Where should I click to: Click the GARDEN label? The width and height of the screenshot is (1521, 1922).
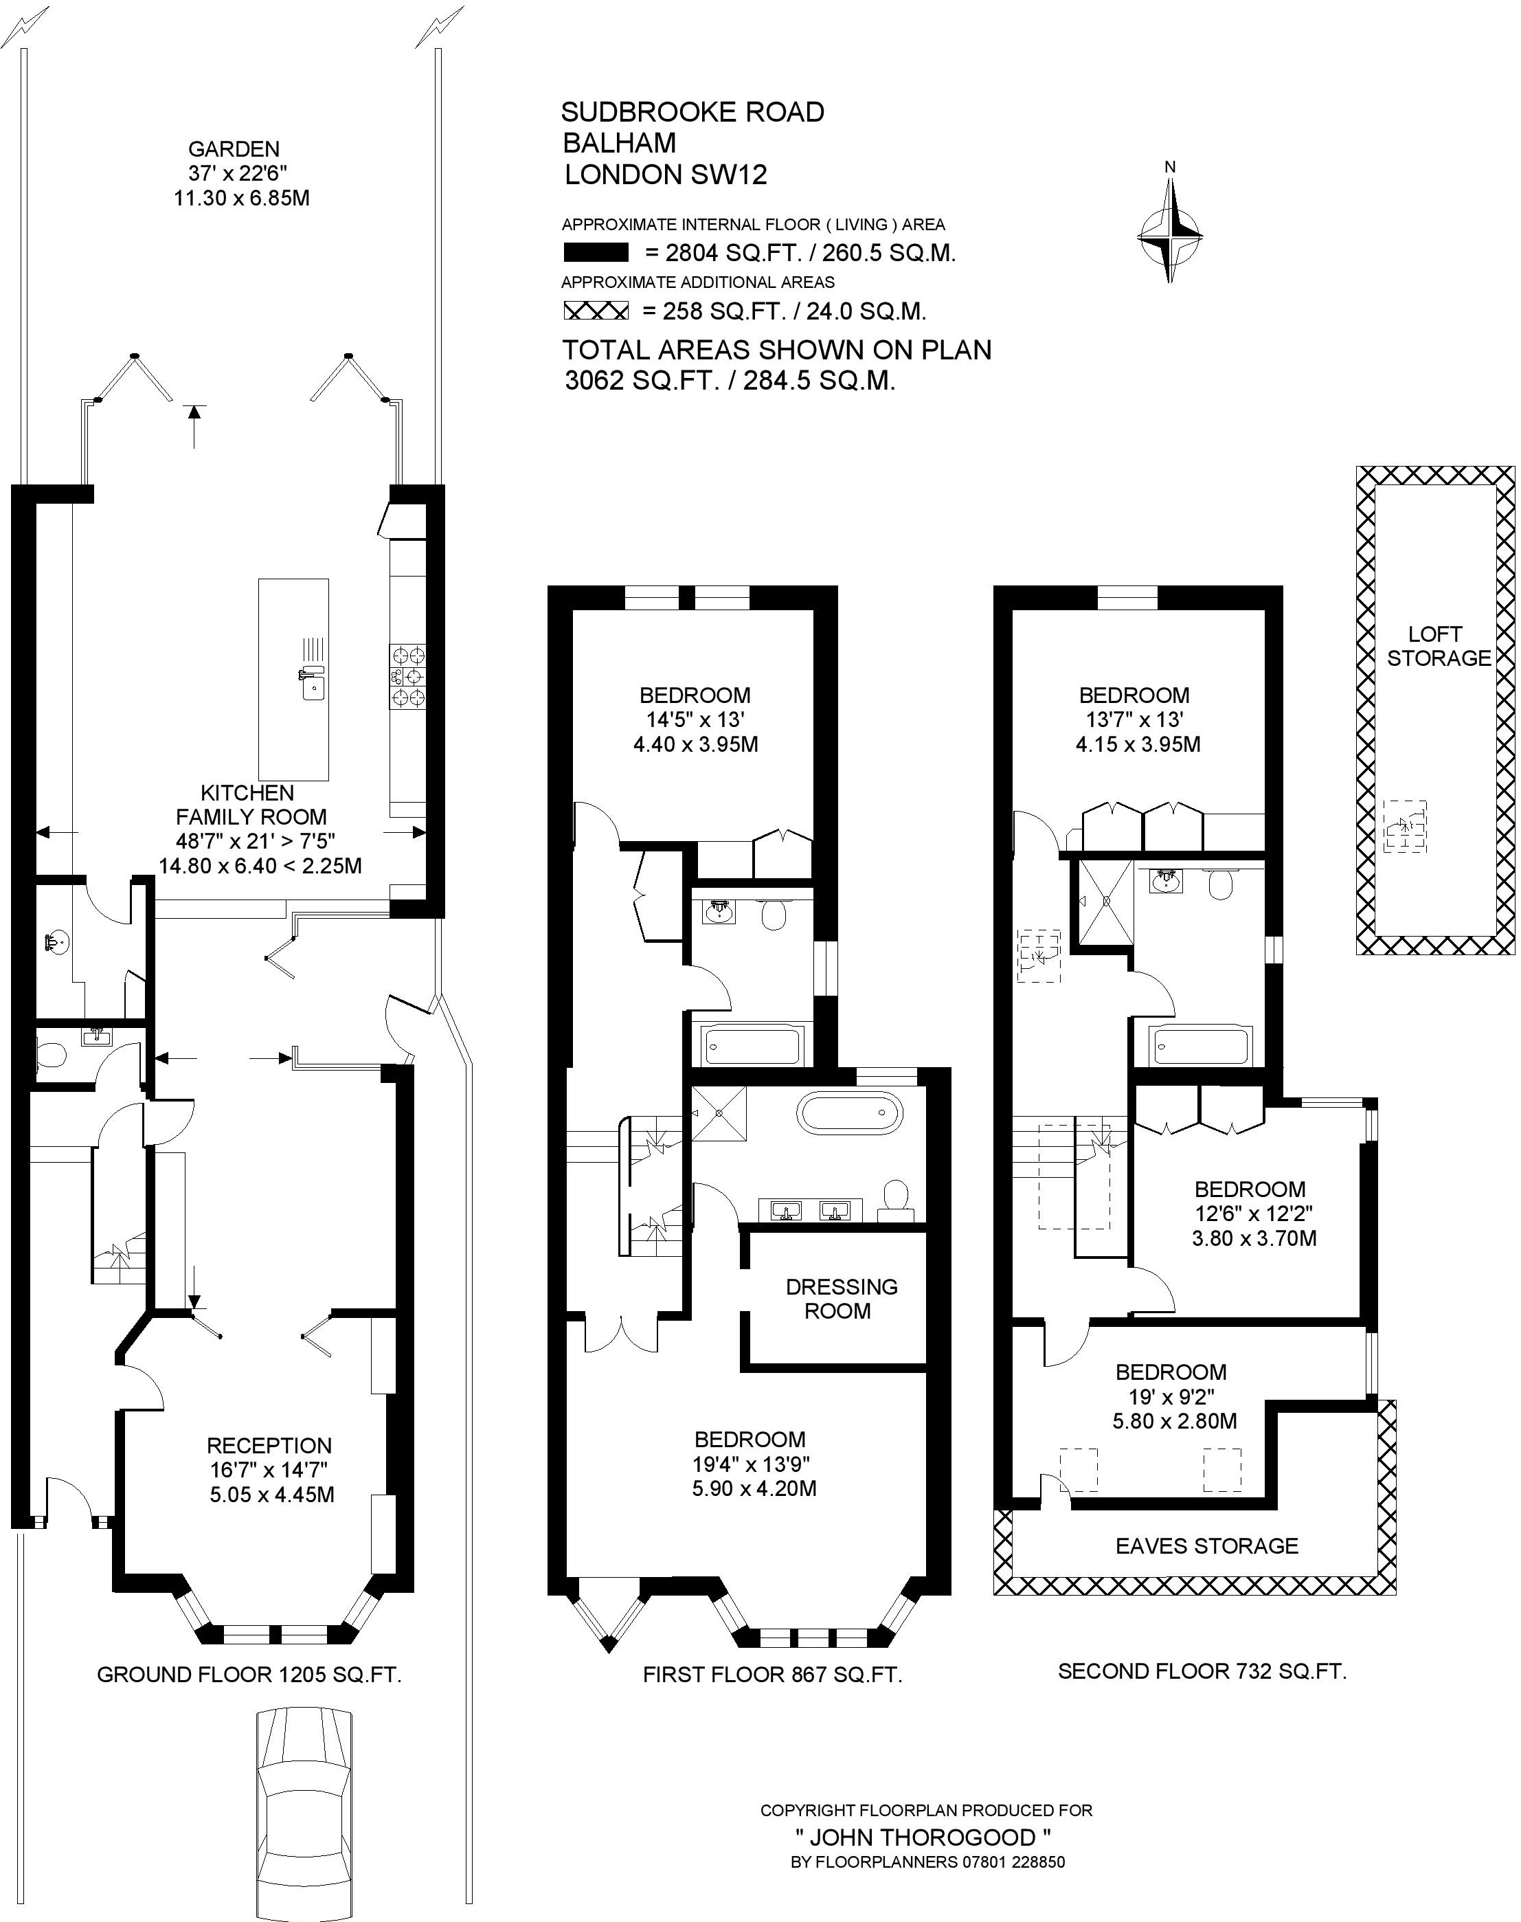(x=234, y=148)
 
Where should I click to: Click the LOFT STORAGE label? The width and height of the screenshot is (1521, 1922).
(x=1438, y=646)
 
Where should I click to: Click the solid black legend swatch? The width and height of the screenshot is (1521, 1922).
(x=596, y=253)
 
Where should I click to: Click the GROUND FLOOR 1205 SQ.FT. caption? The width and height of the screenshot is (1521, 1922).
(x=249, y=1675)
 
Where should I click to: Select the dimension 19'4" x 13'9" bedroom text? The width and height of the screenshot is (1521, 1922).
(x=752, y=1464)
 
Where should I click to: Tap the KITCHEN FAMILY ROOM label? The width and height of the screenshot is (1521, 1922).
(x=251, y=804)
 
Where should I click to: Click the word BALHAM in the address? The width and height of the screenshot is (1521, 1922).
(x=620, y=142)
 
